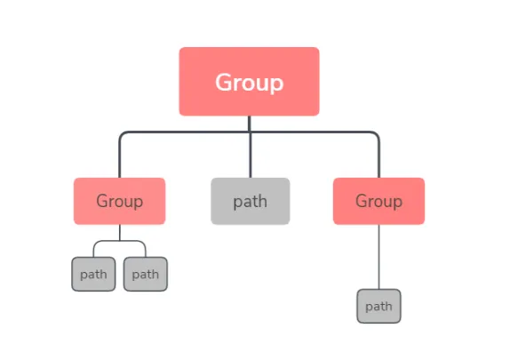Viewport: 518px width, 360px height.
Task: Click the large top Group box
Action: pos(249,82)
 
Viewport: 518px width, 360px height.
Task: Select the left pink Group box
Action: pos(119,201)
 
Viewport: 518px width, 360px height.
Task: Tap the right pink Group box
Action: pos(379,201)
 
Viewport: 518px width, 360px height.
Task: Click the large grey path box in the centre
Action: pos(250,201)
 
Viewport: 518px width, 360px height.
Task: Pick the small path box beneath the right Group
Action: pos(379,306)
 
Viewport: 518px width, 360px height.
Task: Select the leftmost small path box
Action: pos(93,274)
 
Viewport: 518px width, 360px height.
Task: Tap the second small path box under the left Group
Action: pos(145,274)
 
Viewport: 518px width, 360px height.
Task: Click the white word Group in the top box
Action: pos(249,83)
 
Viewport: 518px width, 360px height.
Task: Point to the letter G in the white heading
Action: pos(224,83)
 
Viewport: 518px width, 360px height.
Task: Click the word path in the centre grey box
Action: pos(250,201)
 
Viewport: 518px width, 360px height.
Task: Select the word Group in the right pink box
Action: pos(379,201)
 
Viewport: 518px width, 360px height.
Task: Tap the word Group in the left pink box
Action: pos(119,201)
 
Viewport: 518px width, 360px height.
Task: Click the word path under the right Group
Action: pos(379,307)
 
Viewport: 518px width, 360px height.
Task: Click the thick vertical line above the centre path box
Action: pos(250,156)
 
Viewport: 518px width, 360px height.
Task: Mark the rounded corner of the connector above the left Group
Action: pos(122,135)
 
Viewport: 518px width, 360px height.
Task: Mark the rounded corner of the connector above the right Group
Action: pos(376,135)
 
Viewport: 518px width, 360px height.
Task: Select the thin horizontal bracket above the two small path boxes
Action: pos(119,241)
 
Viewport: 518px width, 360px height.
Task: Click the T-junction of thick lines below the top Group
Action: pos(250,132)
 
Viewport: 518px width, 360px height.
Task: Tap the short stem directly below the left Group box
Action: pos(119,232)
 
